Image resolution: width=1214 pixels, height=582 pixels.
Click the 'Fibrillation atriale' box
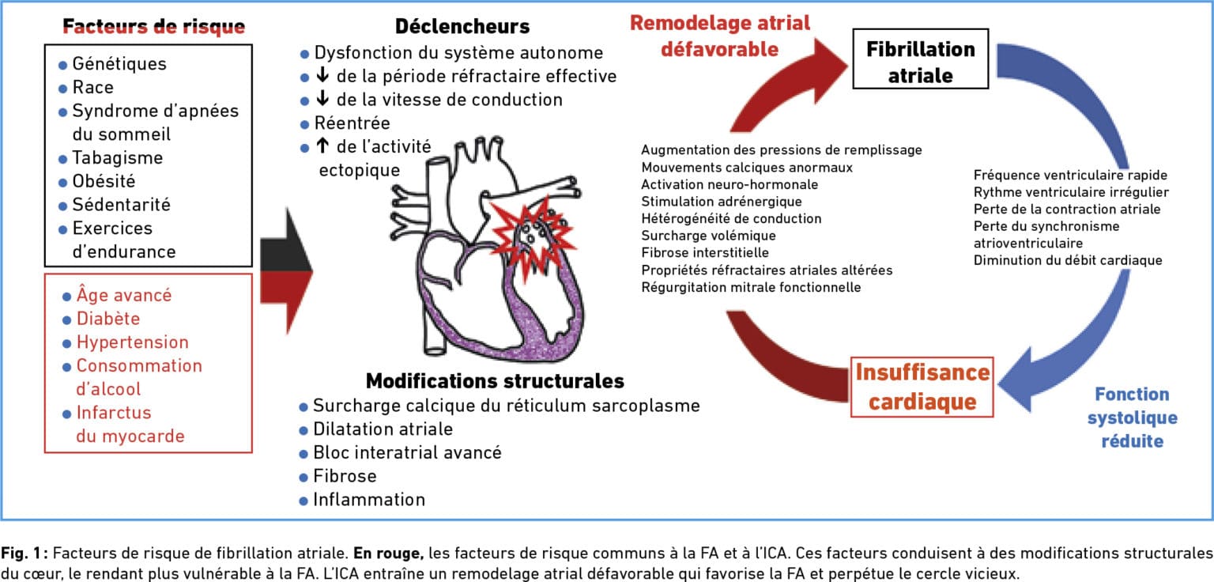point(920,59)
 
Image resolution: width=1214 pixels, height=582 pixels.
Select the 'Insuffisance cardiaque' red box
point(922,387)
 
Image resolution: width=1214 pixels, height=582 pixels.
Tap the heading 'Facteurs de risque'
point(154,26)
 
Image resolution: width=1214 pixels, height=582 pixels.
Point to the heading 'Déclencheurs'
point(462,26)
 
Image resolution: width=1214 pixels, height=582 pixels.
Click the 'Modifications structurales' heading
point(495,381)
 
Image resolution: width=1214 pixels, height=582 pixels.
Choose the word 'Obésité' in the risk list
point(104,181)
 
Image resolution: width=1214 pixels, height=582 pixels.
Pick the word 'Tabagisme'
point(118,158)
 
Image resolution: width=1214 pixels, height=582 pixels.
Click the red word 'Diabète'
point(108,319)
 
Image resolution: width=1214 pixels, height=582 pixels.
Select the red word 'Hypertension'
point(133,342)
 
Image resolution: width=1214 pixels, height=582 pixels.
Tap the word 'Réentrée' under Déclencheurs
point(353,123)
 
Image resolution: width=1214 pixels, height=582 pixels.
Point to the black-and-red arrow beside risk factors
point(286,270)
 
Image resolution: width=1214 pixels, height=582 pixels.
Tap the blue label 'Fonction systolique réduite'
point(1132,417)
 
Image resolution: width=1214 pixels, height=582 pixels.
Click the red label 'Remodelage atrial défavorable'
point(720,36)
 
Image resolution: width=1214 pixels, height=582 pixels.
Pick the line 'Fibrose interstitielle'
point(704,253)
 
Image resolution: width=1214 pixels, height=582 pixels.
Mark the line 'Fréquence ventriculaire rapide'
point(1070,176)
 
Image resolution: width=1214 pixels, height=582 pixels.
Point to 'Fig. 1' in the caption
point(21,554)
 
